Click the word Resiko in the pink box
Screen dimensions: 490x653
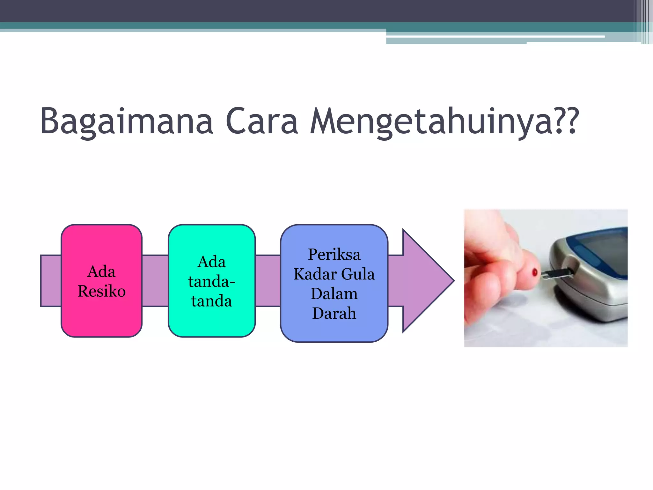tap(101, 291)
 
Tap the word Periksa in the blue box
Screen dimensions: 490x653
tap(334, 255)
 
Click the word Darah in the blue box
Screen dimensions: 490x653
tap(334, 313)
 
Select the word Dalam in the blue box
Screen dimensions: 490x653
tap(334, 294)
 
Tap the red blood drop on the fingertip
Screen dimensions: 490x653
tap(535, 272)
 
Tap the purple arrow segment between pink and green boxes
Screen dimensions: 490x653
tap(155, 281)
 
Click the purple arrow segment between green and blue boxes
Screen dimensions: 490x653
tap(268, 281)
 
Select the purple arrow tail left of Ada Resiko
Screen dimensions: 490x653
tap(51, 281)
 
